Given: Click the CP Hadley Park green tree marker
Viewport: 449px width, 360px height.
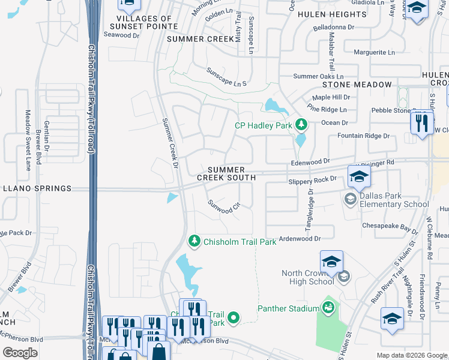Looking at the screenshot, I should click(302, 125).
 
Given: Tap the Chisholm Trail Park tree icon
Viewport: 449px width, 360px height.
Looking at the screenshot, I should click(194, 241).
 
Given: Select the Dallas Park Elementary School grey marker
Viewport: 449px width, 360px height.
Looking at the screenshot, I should click(350, 198).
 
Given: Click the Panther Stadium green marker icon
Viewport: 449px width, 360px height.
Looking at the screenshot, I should click(328, 308).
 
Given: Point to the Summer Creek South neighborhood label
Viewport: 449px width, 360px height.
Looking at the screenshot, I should click(227, 174).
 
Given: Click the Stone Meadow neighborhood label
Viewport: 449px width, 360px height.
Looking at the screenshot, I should click(356, 85).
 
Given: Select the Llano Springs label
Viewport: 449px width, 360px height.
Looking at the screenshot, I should click(36, 188).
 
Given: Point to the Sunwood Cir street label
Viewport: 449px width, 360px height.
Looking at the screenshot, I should click(224, 208).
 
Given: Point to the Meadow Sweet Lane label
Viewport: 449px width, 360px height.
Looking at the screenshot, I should click(28, 140).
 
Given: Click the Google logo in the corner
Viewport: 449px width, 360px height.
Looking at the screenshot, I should click(20, 353).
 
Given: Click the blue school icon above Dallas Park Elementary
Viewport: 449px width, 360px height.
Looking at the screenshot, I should click(359, 176).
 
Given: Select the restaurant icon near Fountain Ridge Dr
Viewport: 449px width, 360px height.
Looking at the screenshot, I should click(422, 122).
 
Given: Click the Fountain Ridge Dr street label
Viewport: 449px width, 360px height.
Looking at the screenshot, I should click(363, 136).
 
